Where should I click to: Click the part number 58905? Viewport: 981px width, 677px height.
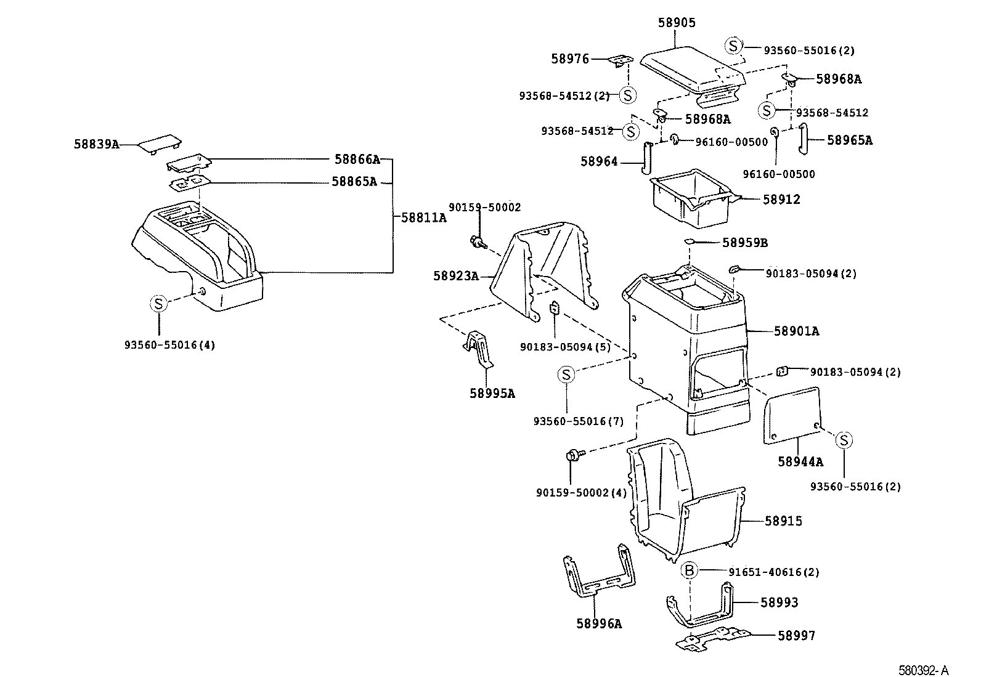(677, 23)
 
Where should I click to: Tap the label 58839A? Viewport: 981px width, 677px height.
(96, 144)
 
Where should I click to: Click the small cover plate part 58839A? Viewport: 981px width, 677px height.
(159, 144)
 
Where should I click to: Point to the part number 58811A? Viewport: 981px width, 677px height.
(423, 217)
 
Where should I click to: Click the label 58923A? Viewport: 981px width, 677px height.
(455, 276)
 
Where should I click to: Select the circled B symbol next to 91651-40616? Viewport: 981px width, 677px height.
(689, 571)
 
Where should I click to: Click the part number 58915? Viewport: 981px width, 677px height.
(783, 521)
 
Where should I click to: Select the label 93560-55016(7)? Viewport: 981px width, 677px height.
(578, 421)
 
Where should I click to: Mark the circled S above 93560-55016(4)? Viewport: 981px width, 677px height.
(158, 303)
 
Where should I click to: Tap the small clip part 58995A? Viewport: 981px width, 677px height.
(479, 351)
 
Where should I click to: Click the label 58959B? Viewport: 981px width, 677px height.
(744, 243)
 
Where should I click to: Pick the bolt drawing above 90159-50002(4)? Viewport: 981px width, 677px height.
(571, 456)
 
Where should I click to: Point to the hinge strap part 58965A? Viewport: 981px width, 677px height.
(803, 140)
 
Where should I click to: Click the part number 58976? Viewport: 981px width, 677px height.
(570, 59)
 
